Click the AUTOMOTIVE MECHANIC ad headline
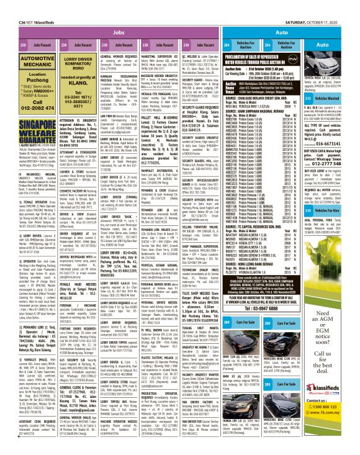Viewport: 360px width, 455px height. (x=27, y=60)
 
